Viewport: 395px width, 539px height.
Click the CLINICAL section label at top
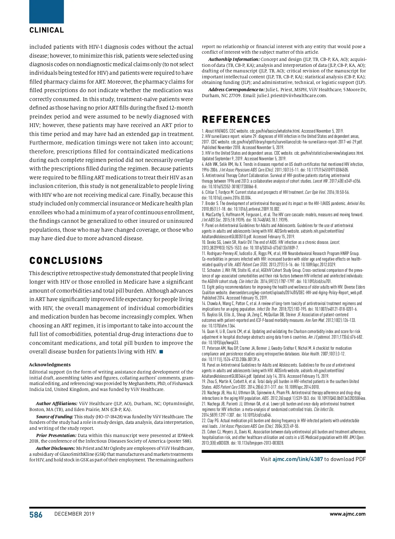tap(46, 30)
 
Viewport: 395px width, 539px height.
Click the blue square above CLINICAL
tap(46, 12)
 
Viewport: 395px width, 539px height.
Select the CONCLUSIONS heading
tap(66, 261)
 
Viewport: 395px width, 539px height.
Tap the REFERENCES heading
tap(236, 119)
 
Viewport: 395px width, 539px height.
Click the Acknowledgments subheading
tap(50, 365)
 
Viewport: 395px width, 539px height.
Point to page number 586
tap(36, 515)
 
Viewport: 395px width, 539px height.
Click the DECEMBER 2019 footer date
tap(74, 514)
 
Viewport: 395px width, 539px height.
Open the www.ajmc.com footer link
tap(348, 514)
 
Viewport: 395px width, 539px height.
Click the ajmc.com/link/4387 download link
tap(298, 459)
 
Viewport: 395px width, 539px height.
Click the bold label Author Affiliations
tap(57, 403)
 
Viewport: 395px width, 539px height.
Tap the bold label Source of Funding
tap(55, 417)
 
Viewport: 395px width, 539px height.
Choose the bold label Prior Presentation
tap(56, 435)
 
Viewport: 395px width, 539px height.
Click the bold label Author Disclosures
tap(55, 448)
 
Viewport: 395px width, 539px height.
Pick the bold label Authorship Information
tap(234, 59)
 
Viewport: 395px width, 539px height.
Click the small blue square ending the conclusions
tap(161, 352)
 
